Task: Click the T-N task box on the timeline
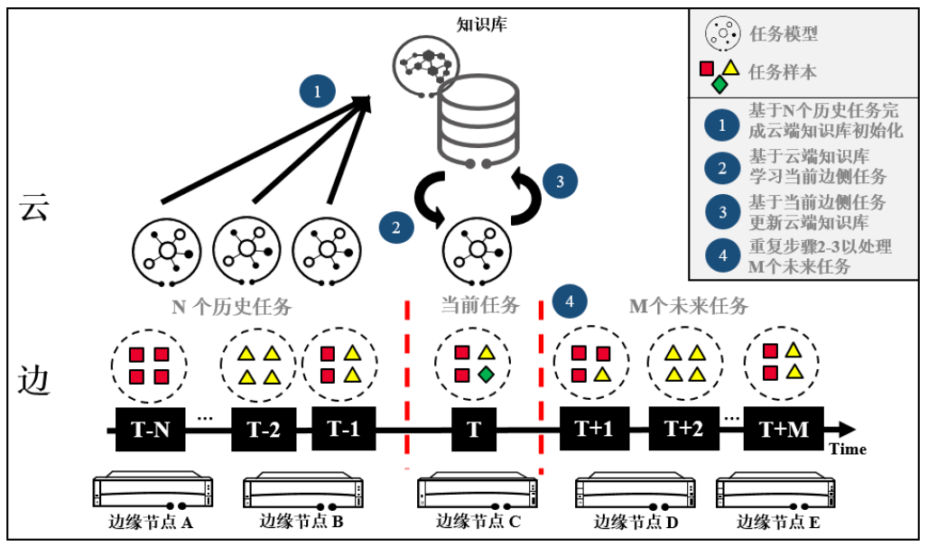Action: [x=150, y=430]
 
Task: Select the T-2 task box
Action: [x=264, y=430]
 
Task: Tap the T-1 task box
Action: [x=343, y=429]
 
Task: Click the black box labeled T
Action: [x=473, y=430]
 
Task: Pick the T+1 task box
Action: [x=593, y=429]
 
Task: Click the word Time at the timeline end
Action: [x=848, y=450]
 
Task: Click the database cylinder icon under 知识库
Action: [x=478, y=122]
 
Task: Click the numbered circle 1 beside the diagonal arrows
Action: [x=317, y=90]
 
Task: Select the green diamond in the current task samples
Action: [x=486, y=374]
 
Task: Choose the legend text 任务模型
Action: [x=784, y=34]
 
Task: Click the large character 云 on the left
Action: [x=34, y=209]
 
